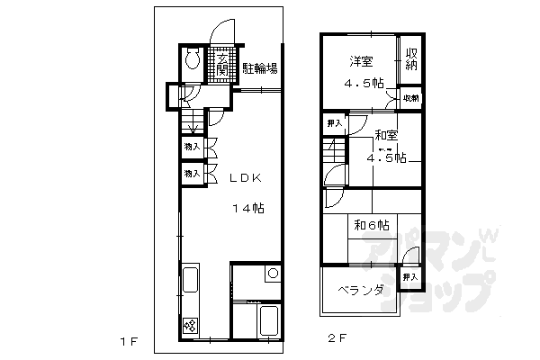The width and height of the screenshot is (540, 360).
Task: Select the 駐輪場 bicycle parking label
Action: (x=259, y=68)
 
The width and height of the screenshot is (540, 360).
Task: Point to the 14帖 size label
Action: (x=248, y=208)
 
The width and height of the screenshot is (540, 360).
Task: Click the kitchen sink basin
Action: (x=191, y=279)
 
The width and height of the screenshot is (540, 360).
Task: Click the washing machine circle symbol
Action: (x=273, y=274)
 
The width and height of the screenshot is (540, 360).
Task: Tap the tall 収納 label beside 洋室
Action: (x=411, y=59)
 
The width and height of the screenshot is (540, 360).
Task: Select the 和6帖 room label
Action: (x=371, y=224)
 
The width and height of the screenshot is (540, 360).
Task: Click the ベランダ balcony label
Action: (x=362, y=290)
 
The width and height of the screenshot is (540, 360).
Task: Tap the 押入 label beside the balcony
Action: (x=409, y=277)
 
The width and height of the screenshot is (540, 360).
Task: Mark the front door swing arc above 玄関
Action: (x=220, y=33)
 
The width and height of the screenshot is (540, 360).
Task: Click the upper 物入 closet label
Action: (x=191, y=145)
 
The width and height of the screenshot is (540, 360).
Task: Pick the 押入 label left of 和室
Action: (x=333, y=122)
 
